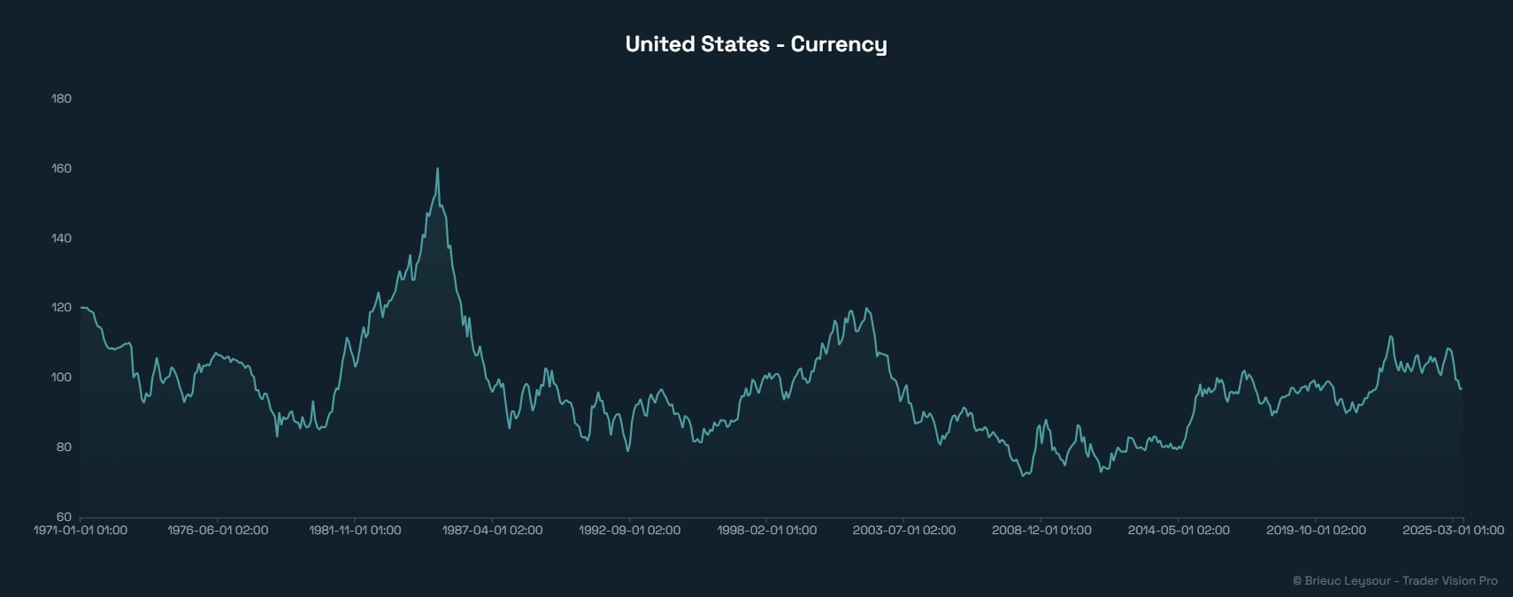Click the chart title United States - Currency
pyautogui.click(x=756, y=44)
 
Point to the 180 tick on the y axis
pyautogui.click(x=61, y=98)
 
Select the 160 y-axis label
pyautogui.click(x=61, y=168)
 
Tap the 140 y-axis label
pyautogui.click(x=61, y=238)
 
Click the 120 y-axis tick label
pyautogui.click(x=61, y=308)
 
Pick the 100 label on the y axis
pyautogui.click(x=61, y=378)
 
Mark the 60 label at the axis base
pyautogui.click(x=63, y=517)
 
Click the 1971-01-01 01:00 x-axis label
pyautogui.click(x=81, y=531)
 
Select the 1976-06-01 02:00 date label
pyautogui.click(x=218, y=531)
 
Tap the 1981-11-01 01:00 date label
pyautogui.click(x=355, y=531)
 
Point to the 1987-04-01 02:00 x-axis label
pyautogui.click(x=492, y=531)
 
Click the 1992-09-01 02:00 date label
pyautogui.click(x=629, y=531)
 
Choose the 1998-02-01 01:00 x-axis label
pyautogui.click(x=766, y=531)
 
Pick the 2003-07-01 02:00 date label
pyautogui.click(x=903, y=531)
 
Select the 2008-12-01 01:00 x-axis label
pyautogui.click(x=1041, y=531)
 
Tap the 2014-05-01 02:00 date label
pyautogui.click(x=1178, y=531)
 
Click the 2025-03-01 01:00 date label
pyautogui.click(x=1452, y=531)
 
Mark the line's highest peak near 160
pyautogui.click(x=437, y=169)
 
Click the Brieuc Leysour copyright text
pyautogui.click(x=1394, y=581)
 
